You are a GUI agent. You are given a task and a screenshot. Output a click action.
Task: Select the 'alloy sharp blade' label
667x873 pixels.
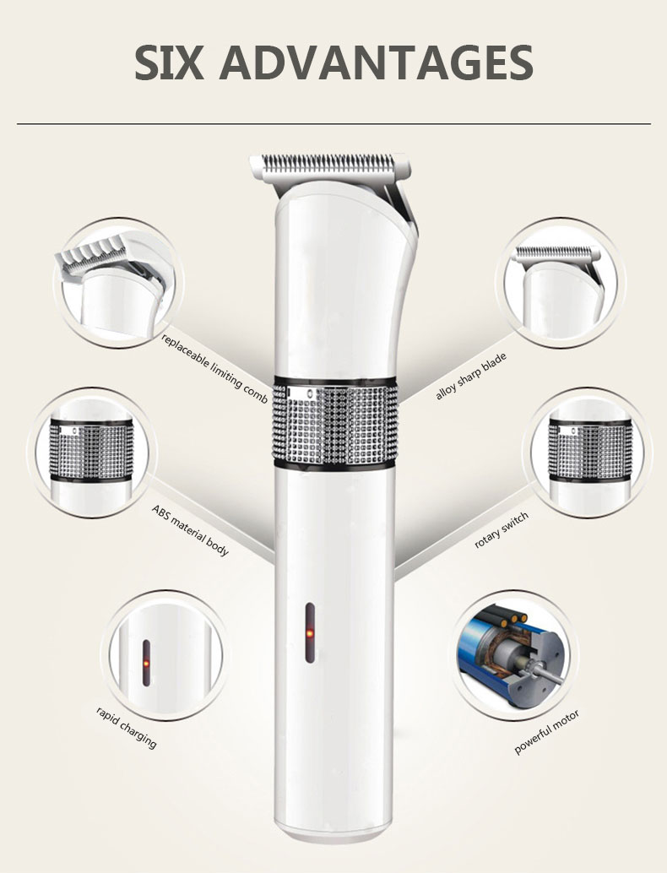pos(471,376)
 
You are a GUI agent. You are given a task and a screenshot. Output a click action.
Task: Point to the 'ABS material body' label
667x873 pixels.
pos(190,530)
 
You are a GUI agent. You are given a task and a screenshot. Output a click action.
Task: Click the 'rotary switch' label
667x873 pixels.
pos(501,530)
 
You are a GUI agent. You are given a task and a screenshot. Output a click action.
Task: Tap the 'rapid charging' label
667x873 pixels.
pos(127,727)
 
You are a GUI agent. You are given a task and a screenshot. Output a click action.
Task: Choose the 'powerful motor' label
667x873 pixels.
pos(546,732)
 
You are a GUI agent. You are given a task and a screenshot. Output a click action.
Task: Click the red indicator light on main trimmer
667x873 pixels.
pos(310,633)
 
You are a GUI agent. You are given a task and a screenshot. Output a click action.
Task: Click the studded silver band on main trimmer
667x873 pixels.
pos(334,420)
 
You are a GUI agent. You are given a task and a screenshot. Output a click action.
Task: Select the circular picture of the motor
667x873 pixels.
pos(514,656)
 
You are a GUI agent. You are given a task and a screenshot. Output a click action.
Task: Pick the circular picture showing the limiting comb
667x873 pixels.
pos(118,282)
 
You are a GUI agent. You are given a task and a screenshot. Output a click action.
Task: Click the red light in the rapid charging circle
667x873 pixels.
pos(146,663)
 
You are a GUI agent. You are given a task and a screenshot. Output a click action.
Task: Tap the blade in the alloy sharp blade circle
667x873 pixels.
pos(556,254)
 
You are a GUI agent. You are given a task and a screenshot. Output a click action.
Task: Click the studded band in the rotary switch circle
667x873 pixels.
pos(590,452)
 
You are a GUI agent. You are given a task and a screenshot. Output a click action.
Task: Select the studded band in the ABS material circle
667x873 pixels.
pos(91,451)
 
